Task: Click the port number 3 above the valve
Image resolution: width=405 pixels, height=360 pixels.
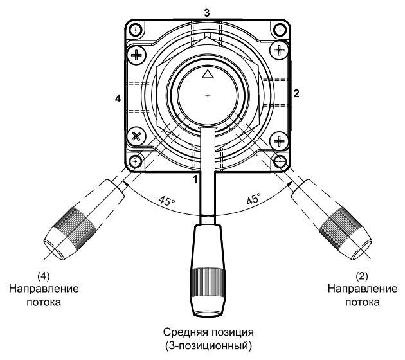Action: coord(207,12)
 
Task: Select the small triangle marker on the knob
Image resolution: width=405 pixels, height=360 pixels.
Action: coord(207,75)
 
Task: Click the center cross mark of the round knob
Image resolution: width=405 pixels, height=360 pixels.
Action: coord(208,96)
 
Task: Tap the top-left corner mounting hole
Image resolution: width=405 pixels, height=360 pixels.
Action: coord(134,30)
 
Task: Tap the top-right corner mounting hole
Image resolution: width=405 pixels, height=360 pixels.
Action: coord(280,30)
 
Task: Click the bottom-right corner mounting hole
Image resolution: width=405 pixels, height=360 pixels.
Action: coord(280,161)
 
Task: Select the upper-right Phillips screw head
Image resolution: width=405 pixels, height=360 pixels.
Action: coord(279,50)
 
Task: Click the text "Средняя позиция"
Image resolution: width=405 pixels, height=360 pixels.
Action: coord(207,332)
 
